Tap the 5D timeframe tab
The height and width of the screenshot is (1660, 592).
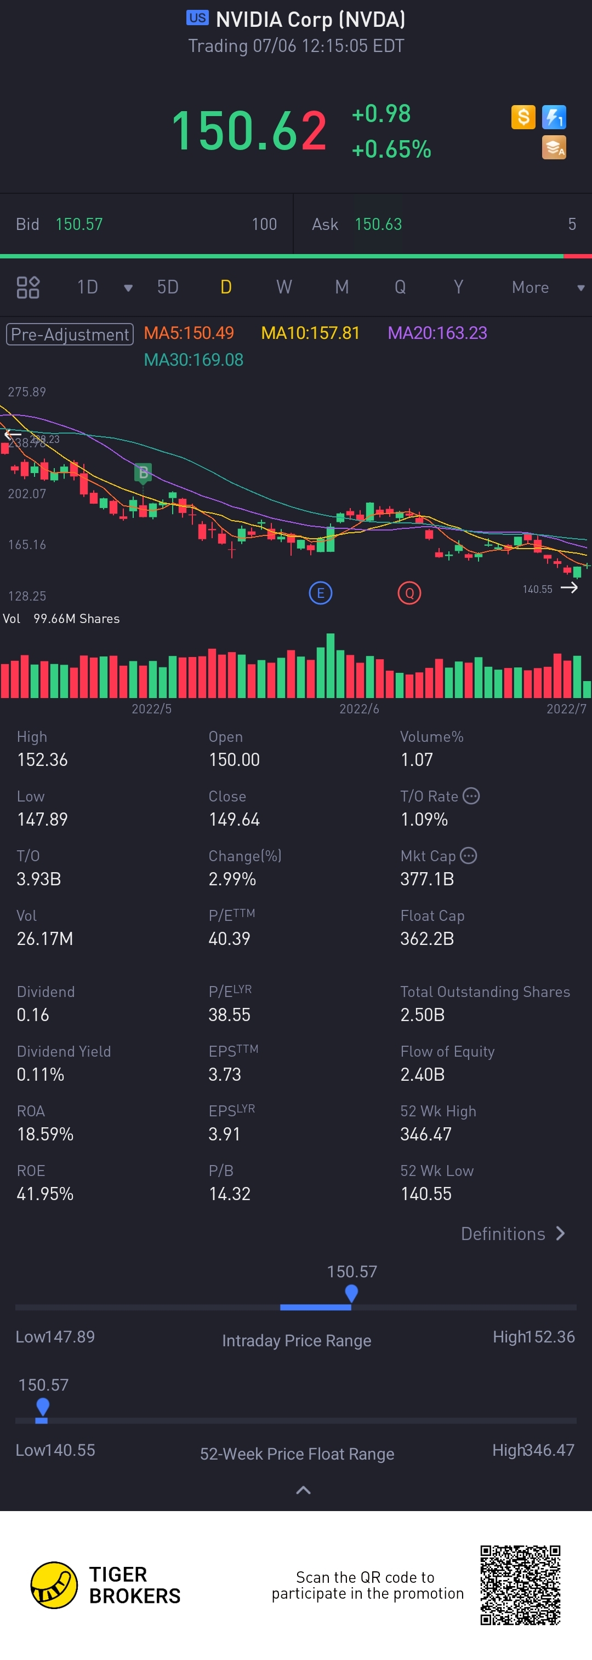tap(168, 287)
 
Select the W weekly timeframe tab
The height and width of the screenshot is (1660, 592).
tap(284, 287)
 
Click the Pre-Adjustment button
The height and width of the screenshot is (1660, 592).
tap(70, 334)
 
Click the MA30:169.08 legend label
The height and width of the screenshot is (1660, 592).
tap(193, 360)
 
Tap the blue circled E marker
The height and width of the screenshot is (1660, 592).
tap(321, 593)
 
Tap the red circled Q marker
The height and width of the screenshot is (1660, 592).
tap(409, 593)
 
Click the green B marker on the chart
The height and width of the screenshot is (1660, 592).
tap(143, 473)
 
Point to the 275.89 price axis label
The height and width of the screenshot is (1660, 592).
tap(27, 392)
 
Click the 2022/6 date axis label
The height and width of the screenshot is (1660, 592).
tap(359, 709)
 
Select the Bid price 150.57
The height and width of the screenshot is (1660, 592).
tap(79, 224)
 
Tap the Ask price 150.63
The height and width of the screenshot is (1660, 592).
tap(378, 224)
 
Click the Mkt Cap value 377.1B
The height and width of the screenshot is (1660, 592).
tap(427, 879)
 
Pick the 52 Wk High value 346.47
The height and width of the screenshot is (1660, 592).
tap(425, 1134)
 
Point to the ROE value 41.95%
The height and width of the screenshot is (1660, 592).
tap(45, 1194)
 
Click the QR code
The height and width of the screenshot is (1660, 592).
tap(520, 1584)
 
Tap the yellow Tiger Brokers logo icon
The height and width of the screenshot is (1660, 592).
tap(54, 1584)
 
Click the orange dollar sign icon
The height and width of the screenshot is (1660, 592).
tap(523, 117)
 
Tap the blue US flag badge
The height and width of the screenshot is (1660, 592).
tap(197, 18)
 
